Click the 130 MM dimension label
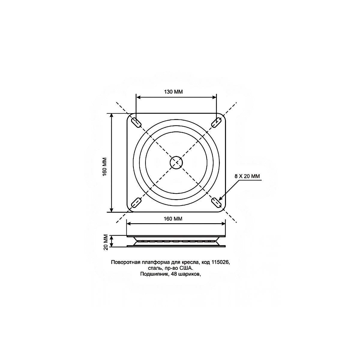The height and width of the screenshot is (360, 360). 173,92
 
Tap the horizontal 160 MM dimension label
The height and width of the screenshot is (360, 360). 173,219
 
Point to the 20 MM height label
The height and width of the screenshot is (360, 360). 106,242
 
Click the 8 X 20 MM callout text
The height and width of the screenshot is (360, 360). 247,176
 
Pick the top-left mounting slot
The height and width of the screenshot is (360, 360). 136,123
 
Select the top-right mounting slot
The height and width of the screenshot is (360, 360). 216,123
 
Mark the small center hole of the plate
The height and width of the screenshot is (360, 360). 176,163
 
